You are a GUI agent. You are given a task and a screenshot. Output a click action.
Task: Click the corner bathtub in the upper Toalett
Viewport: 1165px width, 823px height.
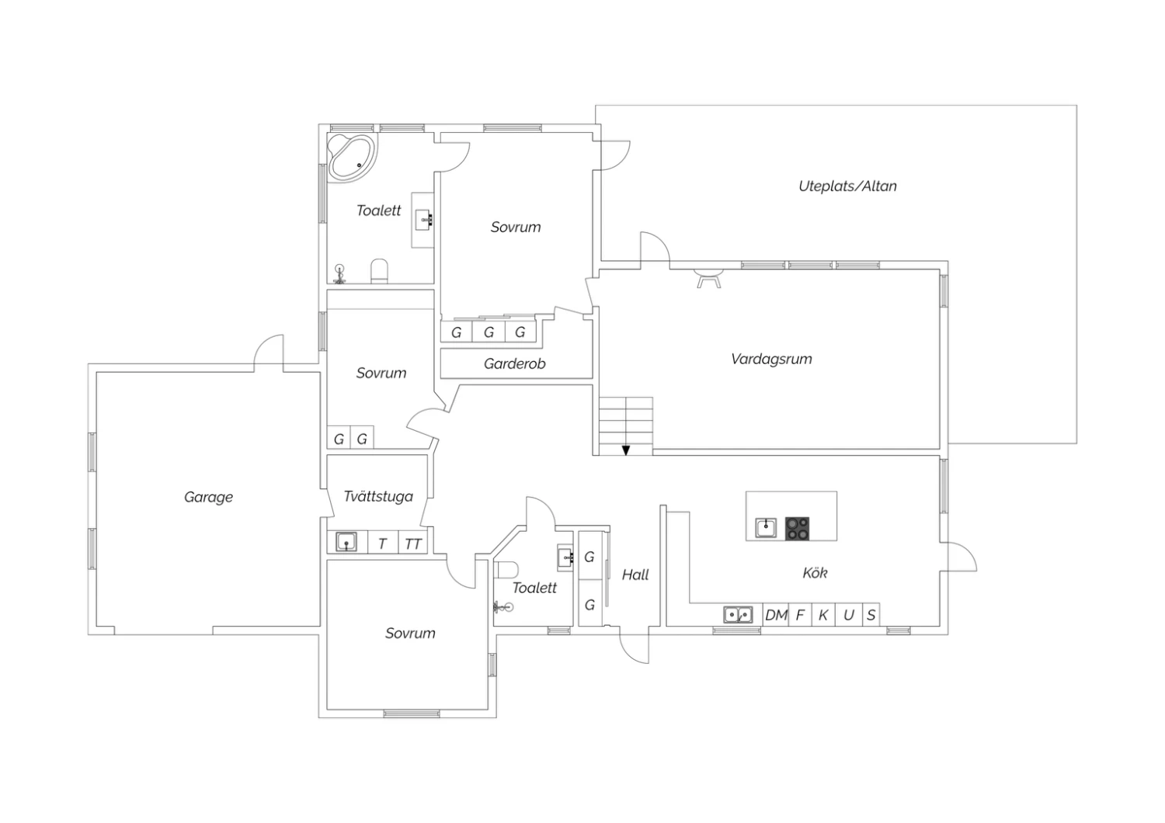[x=352, y=157]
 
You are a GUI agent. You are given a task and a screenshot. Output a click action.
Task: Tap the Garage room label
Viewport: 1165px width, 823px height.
[x=209, y=498]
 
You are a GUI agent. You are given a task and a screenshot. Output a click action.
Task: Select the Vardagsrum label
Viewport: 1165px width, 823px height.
[x=771, y=359]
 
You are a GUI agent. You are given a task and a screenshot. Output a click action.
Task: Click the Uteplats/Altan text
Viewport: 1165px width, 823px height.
[x=848, y=186]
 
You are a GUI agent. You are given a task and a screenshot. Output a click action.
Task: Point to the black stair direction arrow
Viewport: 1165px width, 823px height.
[x=626, y=450]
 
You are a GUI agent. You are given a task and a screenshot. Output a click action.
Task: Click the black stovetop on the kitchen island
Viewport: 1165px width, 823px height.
[x=798, y=528]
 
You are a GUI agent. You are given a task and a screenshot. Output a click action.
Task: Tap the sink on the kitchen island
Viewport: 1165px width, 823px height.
[x=766, y=528]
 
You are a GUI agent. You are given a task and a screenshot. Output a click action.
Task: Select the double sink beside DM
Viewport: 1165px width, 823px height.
[x=738, y=614]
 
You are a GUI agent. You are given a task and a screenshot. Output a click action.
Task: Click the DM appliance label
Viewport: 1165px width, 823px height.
[x=776, y=616]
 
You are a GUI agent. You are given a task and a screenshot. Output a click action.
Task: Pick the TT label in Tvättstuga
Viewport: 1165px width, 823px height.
[x=413, y=544]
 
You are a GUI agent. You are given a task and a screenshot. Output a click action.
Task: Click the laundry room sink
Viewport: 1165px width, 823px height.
[x=346, y=542]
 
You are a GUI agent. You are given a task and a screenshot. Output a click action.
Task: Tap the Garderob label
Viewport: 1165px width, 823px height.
[x=514, y=364]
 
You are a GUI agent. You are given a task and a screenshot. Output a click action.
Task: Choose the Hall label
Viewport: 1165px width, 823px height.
[x=635, y=575]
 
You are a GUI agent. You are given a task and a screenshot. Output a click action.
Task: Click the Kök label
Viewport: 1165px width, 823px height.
[x=815, y=573]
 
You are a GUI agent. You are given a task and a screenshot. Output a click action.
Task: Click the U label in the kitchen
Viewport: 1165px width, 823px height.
[x=849, y=616]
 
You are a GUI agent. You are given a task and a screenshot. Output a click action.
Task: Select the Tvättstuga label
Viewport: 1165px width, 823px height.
[x=379, y=497]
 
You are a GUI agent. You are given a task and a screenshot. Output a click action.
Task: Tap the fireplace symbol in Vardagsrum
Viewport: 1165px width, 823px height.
[x=708, y=278]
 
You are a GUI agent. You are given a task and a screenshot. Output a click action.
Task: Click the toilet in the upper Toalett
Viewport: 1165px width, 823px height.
[x=379, y=272]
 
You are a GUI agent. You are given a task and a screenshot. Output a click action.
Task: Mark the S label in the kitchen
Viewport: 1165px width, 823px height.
[x=871, y=616]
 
